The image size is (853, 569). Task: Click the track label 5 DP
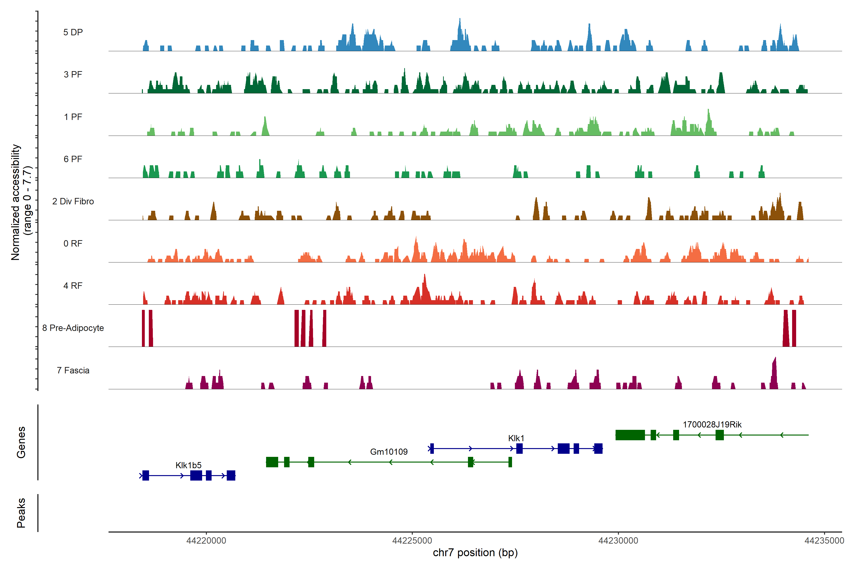(x=73, y=32)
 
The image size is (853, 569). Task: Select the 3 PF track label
(x=73, y=74)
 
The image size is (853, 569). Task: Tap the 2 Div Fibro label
(x=73, y=201)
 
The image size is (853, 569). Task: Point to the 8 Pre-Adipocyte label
(x=73, y=328)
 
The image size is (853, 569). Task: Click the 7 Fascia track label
(x=73, y=371)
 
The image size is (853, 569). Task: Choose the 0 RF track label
(x=73, y=243)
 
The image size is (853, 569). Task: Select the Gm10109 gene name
(x=389, y=452)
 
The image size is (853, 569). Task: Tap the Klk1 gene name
(x=516, y=438)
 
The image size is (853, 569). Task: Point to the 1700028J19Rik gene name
(x=712, y=425)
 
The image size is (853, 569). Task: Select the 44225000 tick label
(x=412, y=541)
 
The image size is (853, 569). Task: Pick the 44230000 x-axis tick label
(x=618, y=541)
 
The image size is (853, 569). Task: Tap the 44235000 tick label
(x=824, y=541)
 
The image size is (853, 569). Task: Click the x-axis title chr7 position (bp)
(x=475, y=553)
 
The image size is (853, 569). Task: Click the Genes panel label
(x=21, y=442)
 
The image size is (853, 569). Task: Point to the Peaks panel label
(x=21, y=513)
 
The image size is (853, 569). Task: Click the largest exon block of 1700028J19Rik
(x=630, y=435)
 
